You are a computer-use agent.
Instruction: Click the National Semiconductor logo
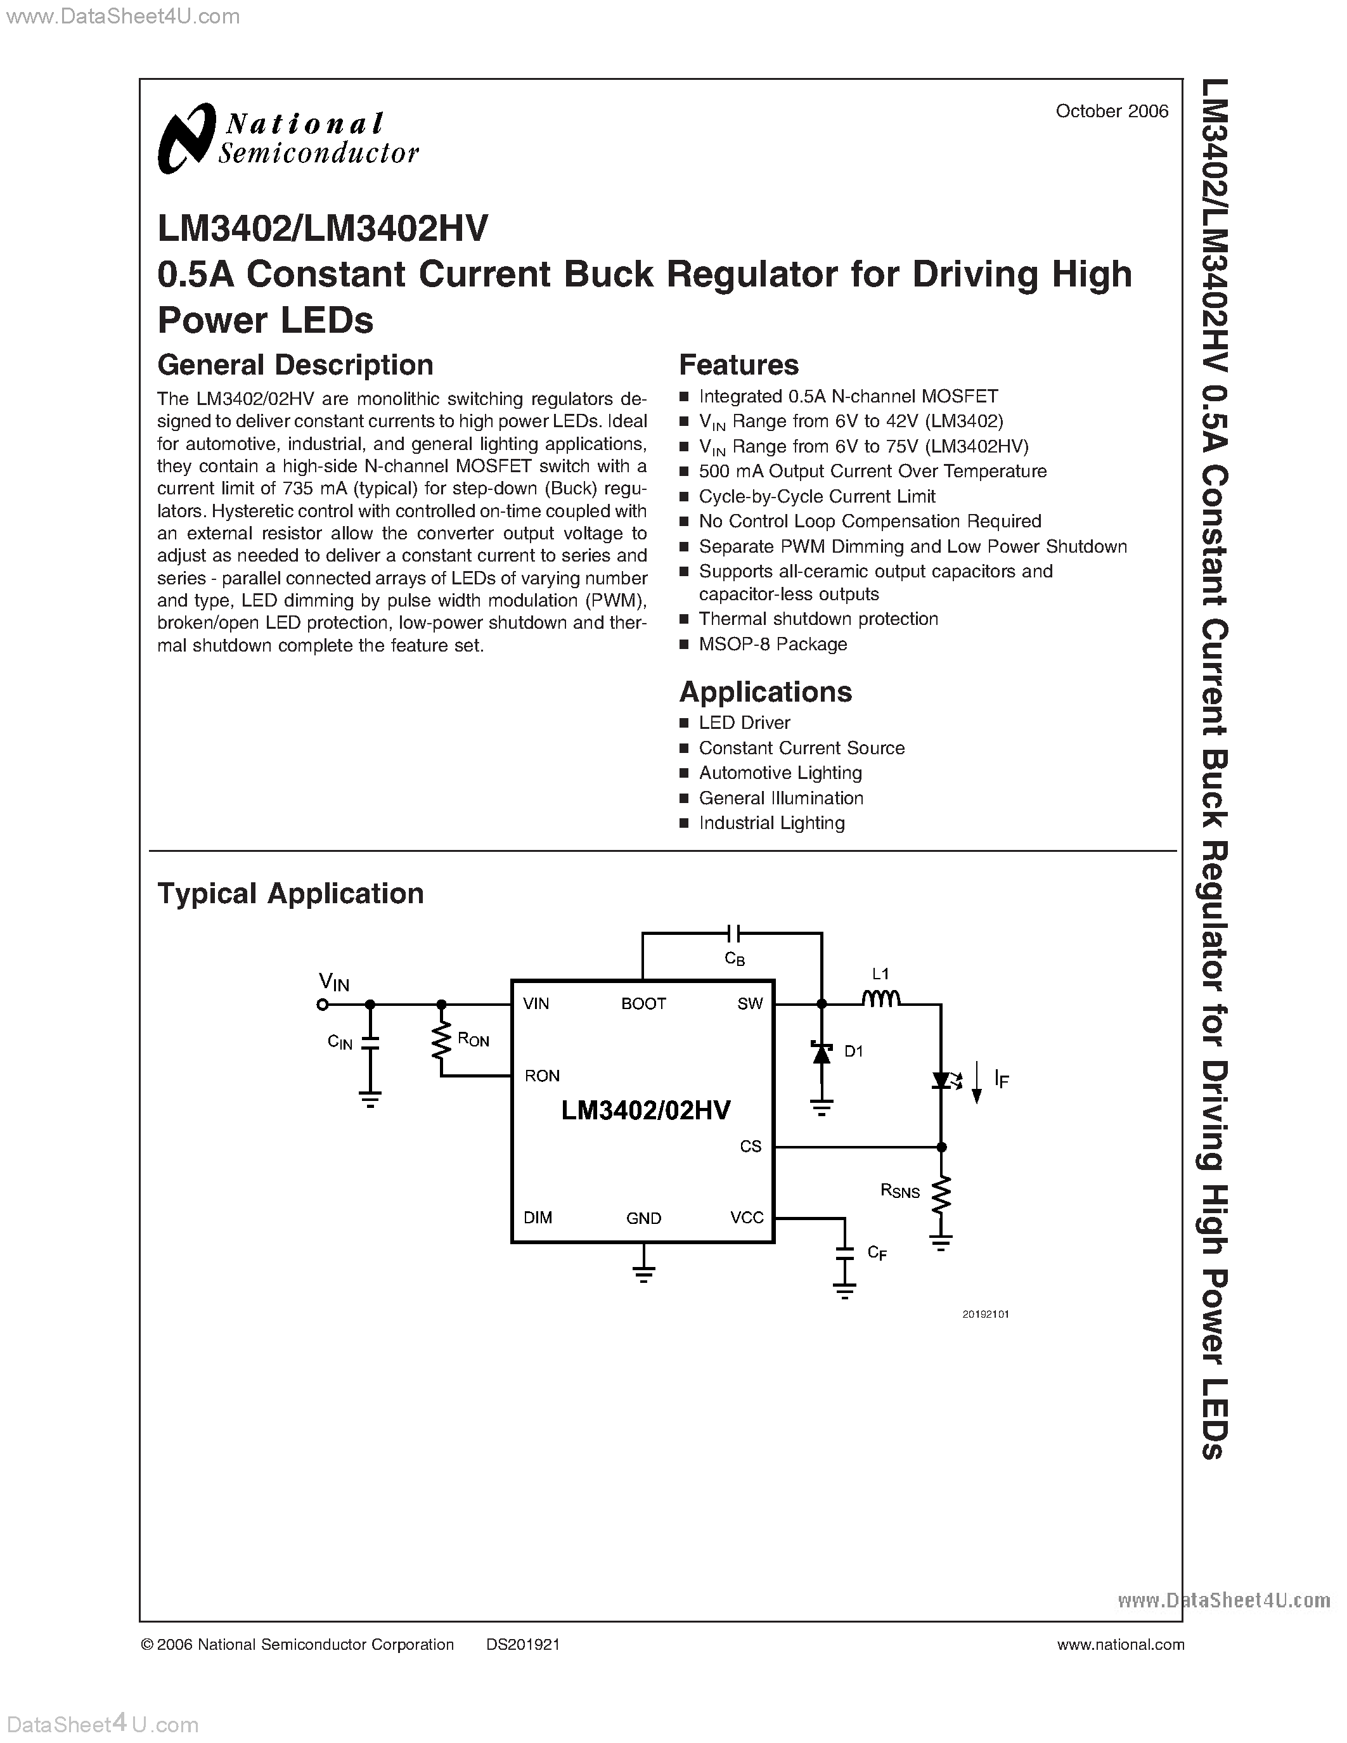287,138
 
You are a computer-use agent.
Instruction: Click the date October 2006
1112,111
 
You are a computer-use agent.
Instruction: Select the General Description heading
295,364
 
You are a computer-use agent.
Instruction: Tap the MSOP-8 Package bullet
773,644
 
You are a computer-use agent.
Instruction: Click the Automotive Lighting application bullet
780,773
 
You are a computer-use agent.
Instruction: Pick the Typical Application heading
290,893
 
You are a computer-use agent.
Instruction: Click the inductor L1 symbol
881,998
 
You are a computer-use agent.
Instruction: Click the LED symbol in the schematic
941,1081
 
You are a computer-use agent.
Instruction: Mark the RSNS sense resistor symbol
941,1194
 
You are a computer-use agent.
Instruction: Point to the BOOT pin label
643,1004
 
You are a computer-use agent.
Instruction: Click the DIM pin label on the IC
538,1218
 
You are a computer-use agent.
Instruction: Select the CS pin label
750,1147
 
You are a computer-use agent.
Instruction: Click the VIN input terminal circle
323,1005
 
